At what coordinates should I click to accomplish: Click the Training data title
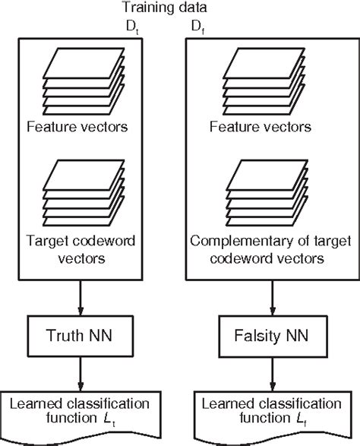click(164, 8)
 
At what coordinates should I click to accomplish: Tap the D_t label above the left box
click(132, 27)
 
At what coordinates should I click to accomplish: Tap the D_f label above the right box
click(198, 27)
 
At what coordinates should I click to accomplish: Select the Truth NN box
click(81, 336)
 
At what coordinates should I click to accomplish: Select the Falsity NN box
click(273, 336)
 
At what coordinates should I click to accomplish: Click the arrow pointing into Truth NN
click(81, 298)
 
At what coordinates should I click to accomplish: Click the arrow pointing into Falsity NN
click(273, 298)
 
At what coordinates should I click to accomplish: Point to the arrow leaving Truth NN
click(81, 374)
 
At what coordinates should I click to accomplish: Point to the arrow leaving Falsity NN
click(273, 374)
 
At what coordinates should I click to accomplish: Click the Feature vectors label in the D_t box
click(77, 127)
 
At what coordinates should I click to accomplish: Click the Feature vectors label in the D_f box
click(261, 127)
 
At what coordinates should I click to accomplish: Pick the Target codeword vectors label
click(81, 250)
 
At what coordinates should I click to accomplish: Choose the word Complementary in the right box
click(242, 242)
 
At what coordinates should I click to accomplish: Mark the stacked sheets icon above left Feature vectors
click(84, 81)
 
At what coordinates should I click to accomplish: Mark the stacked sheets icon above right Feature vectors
click(264, 81)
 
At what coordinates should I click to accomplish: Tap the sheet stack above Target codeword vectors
click(84, 193)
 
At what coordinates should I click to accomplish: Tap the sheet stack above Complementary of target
click(267, 193)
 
